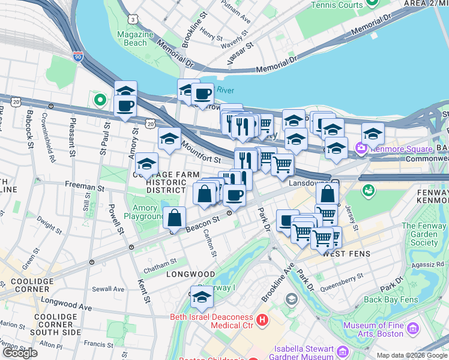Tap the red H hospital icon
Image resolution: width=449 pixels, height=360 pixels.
[262, 321]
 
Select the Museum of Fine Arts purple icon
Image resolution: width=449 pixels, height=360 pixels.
[412, 328]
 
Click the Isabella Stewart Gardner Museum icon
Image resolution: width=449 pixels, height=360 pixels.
[343, 351]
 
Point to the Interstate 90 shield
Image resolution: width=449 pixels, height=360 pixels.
[78, 57]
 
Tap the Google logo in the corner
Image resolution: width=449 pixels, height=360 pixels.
[20, 353]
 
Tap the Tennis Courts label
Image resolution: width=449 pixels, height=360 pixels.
[337, 5]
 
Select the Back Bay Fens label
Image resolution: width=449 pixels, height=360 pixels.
[390, 299]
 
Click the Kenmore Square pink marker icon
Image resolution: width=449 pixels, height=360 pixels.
[361, 148]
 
